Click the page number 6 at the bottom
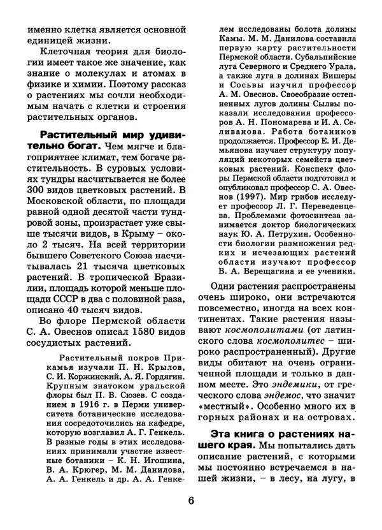[x=190, y=499]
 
